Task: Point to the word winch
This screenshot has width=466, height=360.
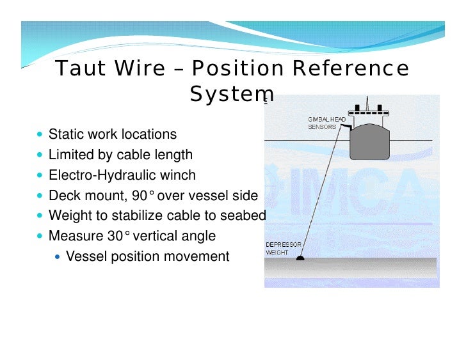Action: coord(177,175)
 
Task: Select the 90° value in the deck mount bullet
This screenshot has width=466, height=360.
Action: coord(143,196)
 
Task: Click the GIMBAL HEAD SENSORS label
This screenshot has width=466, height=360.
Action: coord(326,123)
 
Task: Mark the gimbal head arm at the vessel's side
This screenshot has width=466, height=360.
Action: coord(345,127)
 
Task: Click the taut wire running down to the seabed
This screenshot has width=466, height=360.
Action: coord(321,191)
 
